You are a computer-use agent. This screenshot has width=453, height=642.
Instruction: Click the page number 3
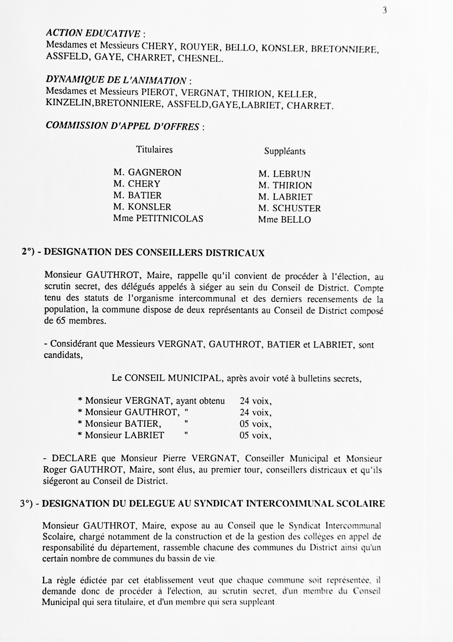tap(384, 11)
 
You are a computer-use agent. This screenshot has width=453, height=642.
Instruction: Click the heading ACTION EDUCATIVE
tap(93, 34)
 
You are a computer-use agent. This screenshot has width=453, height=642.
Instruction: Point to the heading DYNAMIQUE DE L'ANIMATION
tap(116, 80)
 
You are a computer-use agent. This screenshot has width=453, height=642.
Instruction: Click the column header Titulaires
tap(154, 150)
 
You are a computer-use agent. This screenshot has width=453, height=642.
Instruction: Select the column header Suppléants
tap(285, 152)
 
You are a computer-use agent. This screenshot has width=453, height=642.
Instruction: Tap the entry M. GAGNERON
tap(147, 173)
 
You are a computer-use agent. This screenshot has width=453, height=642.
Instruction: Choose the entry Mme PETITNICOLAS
tap(158, 218)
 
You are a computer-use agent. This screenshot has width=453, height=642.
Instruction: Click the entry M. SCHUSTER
tap(289, 208)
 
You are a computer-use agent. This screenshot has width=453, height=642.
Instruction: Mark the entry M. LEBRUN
tap(284, 174)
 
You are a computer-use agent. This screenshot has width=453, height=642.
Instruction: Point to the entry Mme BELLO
tap(284, 220)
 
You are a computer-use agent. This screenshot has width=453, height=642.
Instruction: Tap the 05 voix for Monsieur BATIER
tap(255, 424)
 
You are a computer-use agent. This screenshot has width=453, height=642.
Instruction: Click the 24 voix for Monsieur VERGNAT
tap(256, 401)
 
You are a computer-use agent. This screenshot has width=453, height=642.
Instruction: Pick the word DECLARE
tap(74, 458)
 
